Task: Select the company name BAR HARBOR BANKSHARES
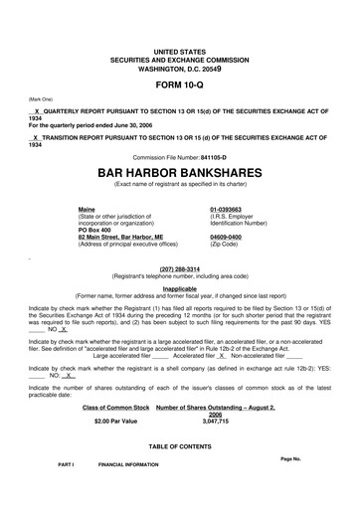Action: pyautogui.click(x=180, y=171)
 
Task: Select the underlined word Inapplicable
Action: pyautogui.click(x=180, y=288)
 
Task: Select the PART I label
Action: pyautogui.click(x=67, y=464)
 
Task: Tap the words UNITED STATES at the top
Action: pyautogui.click(x=180, y=49)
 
